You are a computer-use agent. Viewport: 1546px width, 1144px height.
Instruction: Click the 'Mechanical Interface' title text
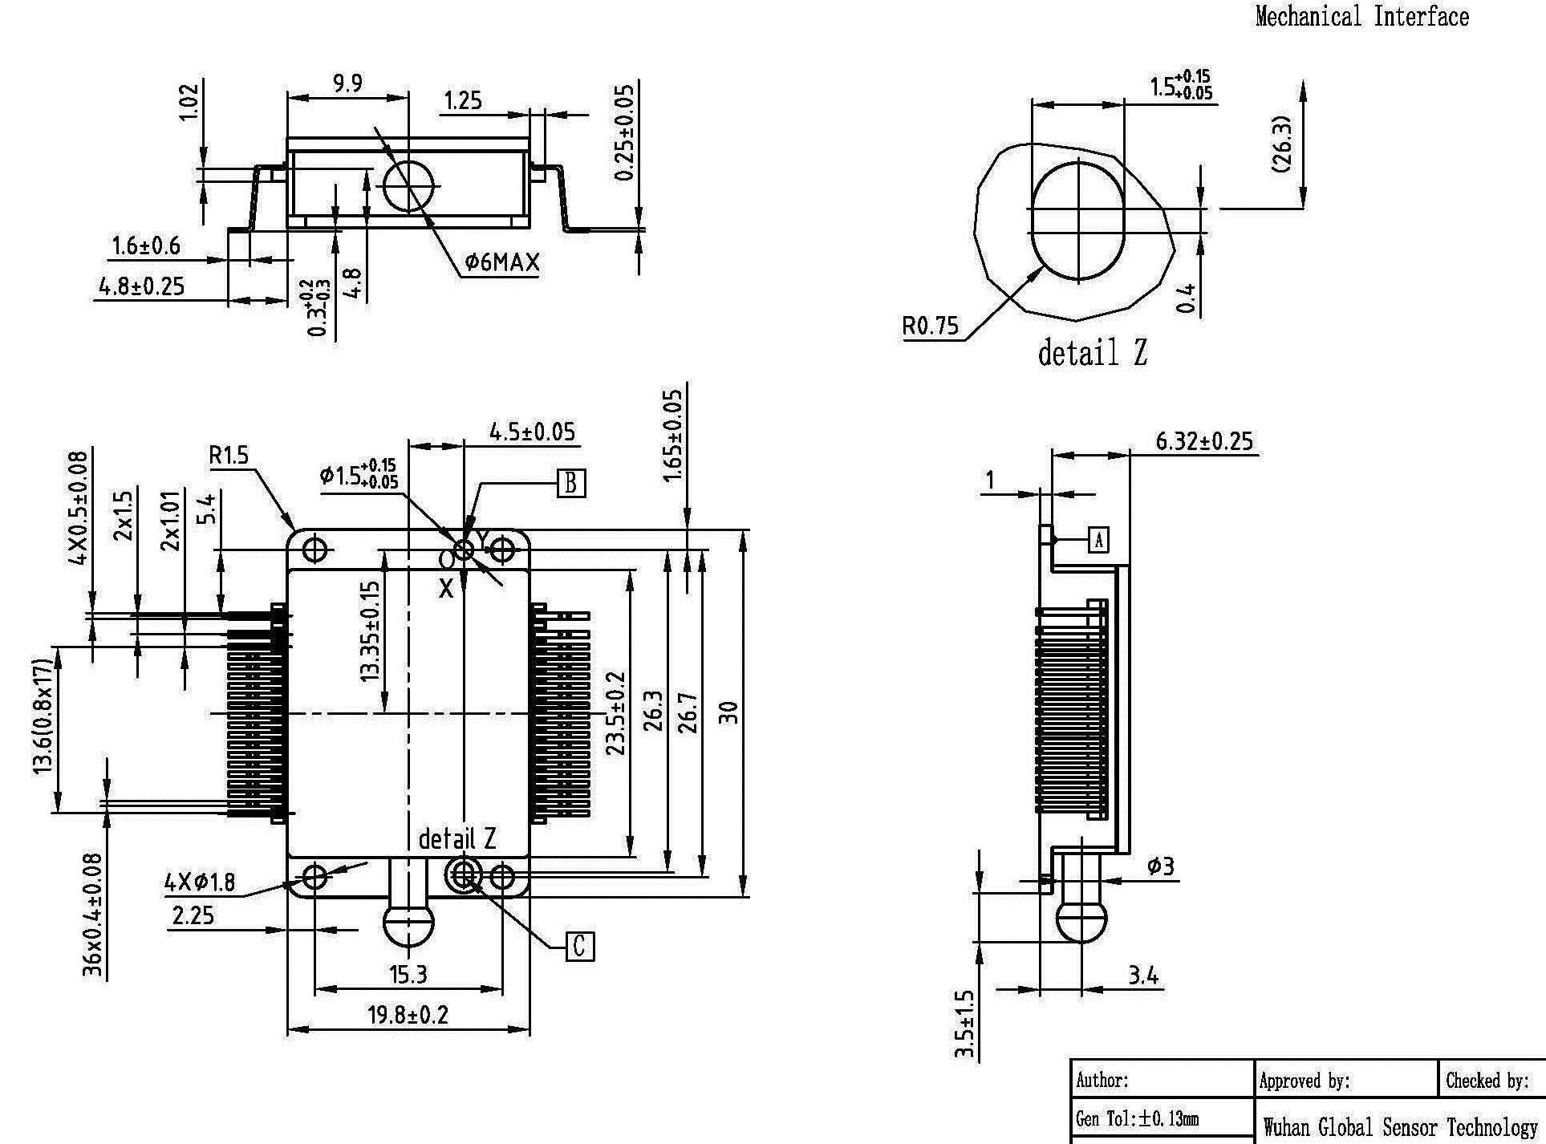1361,17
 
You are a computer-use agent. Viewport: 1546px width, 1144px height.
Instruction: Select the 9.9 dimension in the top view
347,83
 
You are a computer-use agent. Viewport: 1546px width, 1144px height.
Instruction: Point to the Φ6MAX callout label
502,262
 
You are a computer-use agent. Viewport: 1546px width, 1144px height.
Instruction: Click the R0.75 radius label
930,326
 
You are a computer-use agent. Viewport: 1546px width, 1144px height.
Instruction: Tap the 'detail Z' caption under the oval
1092,353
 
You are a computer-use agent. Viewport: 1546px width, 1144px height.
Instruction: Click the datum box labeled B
570,483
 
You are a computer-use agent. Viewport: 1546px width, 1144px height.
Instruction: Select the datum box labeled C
580,947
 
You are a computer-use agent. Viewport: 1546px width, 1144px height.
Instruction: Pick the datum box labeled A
1098,540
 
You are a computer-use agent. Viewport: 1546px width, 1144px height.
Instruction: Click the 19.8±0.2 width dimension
408,1015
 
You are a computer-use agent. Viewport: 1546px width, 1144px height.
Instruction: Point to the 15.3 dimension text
408,975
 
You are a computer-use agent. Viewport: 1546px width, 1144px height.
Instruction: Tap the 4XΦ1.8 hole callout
200,882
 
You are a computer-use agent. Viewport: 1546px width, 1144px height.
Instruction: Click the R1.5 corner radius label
229,456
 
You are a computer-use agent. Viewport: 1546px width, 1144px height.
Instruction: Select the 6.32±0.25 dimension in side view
1203,441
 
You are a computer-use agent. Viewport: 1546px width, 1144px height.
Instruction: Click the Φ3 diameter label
1160,866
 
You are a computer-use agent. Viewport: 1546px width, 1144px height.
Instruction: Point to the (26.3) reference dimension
1280,144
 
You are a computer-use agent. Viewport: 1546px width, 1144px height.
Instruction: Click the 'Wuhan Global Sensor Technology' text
1399,1127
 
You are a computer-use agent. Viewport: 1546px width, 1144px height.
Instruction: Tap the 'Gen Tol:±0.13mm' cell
1138,1118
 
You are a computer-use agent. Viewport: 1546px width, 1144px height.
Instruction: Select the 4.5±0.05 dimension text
532,432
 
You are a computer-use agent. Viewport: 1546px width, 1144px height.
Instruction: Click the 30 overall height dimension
727,712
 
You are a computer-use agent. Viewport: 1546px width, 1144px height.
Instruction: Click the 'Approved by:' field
1305,1081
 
